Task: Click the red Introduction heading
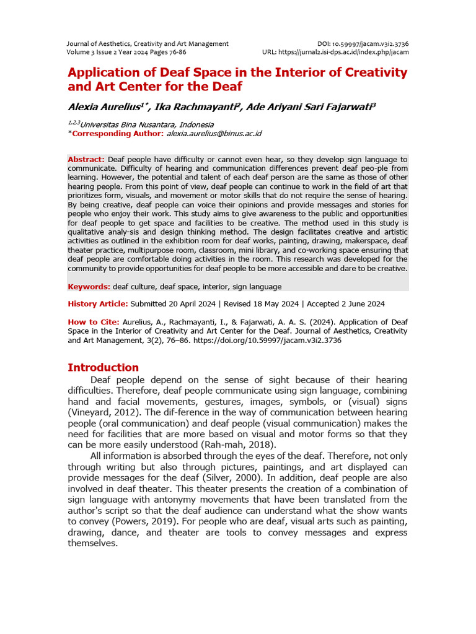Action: coord(103,367)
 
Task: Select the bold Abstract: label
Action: coord(86,160)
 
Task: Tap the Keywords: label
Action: coord(89,287)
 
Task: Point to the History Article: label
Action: coord(98,304)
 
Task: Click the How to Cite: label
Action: coord(94,322)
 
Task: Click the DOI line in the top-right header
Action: coord(363,44)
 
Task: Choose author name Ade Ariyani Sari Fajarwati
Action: coord(308,106)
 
